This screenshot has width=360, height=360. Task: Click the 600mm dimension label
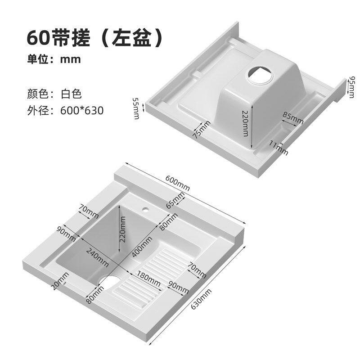coord(177,183)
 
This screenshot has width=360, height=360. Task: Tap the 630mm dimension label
coord(201,299)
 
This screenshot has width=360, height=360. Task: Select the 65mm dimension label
coord(175,200)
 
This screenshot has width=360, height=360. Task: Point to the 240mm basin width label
coord(97,258)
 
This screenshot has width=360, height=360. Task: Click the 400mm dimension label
coord(142,247)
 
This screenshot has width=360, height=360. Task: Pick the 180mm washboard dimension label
coord(149,279)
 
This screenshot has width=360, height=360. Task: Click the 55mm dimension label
coord(136,108)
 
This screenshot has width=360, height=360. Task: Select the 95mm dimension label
coord(351,87)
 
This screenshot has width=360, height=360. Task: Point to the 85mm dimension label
coord(293,117)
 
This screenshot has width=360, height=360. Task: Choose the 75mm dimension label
coord(201,130)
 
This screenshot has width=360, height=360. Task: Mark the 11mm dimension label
coord(279,148)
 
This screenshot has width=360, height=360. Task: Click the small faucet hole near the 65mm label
coord(145,209)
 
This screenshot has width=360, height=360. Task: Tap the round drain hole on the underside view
coord(260,75)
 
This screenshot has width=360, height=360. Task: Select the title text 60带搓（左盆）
coord(95,37)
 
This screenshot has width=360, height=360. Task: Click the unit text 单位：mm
coord(54,59)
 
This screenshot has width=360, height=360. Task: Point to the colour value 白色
coord(71,94)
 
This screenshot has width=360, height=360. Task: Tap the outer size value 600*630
coord(82,110)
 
